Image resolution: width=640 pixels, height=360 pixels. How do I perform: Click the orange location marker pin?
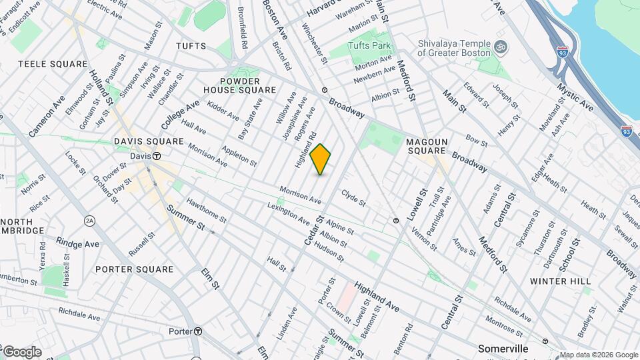point(321,159)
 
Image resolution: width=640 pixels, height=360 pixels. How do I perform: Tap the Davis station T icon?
point(157,156)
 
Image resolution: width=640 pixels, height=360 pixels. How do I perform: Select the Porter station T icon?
point(198,331)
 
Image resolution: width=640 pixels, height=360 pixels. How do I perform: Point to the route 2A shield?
point(90,221)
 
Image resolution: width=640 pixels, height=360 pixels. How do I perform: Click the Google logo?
point(21,352)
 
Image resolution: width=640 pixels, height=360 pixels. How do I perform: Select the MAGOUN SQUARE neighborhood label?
point(427,147)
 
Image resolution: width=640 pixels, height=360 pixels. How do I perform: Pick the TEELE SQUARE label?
point(53,64)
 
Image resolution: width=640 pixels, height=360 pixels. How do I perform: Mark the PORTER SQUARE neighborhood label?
point(134,269)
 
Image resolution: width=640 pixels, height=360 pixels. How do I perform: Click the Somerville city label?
point(503,349)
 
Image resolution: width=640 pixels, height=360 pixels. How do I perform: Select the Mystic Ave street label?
point(577,96)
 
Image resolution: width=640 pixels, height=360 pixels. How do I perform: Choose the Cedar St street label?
point(314,229)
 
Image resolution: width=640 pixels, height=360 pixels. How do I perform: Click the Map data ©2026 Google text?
point(599,355)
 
